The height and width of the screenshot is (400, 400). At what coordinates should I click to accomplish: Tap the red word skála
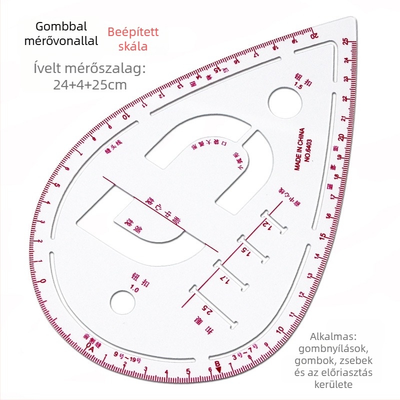[133, 46]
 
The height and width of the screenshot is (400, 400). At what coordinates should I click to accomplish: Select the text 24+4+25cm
[90, 84]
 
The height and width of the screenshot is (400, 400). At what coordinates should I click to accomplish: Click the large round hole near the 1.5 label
[285, 103]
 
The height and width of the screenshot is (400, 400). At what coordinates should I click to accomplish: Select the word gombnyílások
[337, 348]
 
